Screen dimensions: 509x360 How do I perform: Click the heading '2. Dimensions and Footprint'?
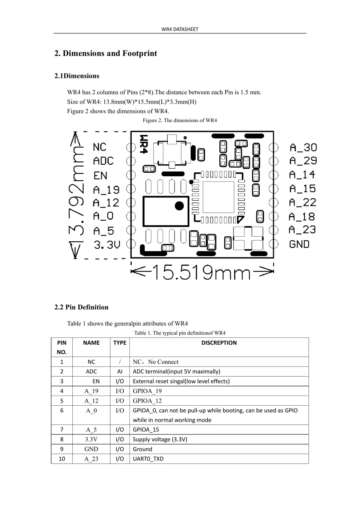pos(105,53)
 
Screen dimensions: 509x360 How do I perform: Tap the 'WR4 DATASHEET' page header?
pos(180,29)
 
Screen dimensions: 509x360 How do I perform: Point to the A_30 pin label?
pos(303,148)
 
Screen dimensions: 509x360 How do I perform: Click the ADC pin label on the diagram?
pos(103,161)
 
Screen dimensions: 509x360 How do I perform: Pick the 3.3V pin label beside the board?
pos(107,245)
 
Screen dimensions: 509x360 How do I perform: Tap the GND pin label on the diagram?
pos(299,244)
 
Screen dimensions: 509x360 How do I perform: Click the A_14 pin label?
pos(302,175)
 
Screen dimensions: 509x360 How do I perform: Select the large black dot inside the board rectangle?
pos(179,206)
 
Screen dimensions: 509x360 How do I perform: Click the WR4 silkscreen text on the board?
pos(144,144)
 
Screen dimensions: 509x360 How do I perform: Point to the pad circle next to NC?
pos(131,148)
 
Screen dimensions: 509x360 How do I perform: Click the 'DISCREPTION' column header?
pos(219,343)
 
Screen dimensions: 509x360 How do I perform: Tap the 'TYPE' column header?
pos(120,343)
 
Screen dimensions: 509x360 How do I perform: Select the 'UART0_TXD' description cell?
pos(148,459)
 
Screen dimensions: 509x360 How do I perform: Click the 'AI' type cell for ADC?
pos(120,372)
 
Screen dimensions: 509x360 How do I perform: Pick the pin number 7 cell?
pos(62,430)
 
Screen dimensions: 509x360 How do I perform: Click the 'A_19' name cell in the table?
pos(91,391)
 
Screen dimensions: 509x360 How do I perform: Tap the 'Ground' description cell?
pos(143,449)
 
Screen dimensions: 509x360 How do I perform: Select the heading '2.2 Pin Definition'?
pos(81,307)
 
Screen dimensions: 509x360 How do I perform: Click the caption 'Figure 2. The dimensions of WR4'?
pos(180,120)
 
